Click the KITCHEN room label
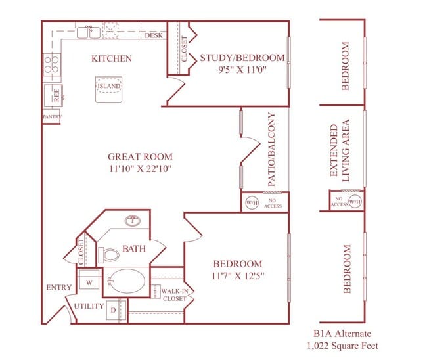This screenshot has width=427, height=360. (x=111, y=58)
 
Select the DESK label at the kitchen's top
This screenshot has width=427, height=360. (x=154, y=35)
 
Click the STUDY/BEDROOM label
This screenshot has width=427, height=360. (x=242, y=58)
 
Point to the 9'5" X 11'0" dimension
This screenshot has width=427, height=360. (x=242, y=71)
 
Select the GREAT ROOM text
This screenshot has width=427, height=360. (x=141, y=156)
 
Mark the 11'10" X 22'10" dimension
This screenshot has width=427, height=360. (x=141, y=169)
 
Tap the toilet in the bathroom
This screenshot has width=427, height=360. (x=108, y=254)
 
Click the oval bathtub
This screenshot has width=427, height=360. (x=127, y=282)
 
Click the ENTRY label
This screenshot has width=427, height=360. (x=59, y=288)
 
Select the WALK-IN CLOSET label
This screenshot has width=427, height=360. (x=173, y=294)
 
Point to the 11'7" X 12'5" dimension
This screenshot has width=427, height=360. (x=238, y=276)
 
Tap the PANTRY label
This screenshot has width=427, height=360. (x=52, y=118)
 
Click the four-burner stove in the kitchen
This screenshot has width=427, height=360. (x=51, y=64)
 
